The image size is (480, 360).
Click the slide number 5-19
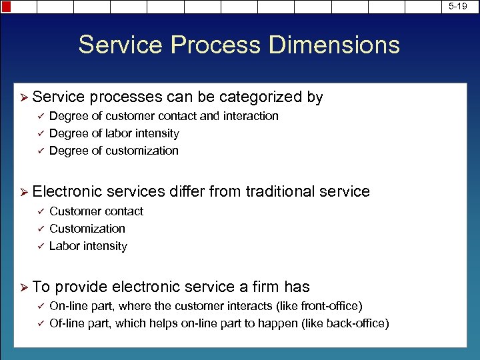click(458, 6)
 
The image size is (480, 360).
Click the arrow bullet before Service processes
click(24, 97)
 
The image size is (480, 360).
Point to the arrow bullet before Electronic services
click(24, 192)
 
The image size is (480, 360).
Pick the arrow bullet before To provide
click(24, 287)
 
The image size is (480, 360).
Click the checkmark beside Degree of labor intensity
click(39, 133)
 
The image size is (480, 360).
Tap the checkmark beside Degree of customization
click(39, 151)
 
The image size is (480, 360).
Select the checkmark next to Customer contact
click(39, 211)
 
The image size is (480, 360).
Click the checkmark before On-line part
click(39, 306)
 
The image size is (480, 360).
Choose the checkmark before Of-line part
click(39, 323)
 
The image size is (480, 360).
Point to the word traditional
click(281, 192)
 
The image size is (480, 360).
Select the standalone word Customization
click(87, 229)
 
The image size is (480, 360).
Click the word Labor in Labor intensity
click(64, 246)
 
